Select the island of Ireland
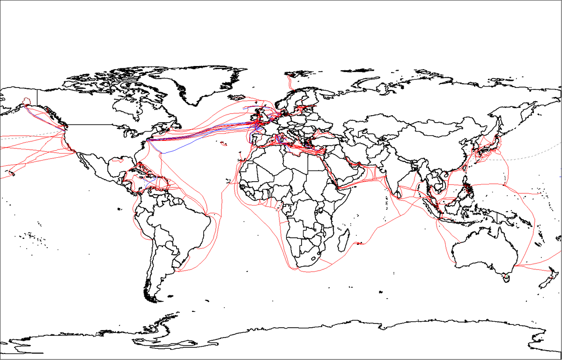tap(253, 117)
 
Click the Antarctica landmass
tap(328, 342)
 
